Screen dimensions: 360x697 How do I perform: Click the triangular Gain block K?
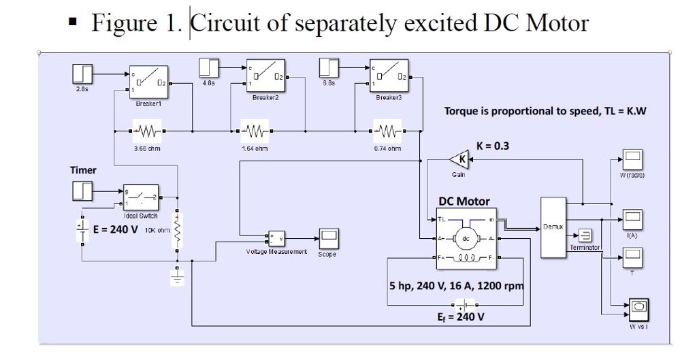pos(459,160)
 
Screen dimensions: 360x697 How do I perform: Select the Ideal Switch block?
pos(140,197)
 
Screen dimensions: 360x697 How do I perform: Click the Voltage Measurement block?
pos(276,238)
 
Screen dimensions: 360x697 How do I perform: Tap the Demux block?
pos(553,227)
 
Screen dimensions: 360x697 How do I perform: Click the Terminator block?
pos(584,236)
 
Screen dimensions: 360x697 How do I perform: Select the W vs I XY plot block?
pos(638,309)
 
